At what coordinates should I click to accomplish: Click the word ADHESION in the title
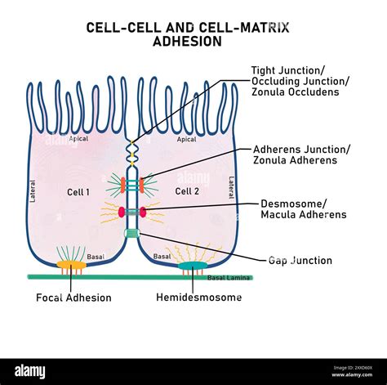[x=187, y=42]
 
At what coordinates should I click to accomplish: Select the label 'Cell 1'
[x=78, y=191]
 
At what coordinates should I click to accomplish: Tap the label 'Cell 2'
[x=187, y=191]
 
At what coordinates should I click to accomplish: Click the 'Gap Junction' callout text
[x=300, y=261]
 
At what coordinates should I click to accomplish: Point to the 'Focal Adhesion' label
[x=73, y=298]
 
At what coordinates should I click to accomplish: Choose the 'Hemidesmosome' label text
[x=198, y=298]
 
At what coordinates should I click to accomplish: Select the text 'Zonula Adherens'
[x=294, y=161]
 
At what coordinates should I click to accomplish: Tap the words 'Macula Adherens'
[x=303, y=215]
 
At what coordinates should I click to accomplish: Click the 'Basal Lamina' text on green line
[x=226, y=278]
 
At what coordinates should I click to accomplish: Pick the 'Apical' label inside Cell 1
[x=78, y=140]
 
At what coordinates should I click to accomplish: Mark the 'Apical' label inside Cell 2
[x=186, y=140]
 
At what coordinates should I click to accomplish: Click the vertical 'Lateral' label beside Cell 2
[x=231, y=188]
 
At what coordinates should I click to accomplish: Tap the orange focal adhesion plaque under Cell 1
[x=71, y=266]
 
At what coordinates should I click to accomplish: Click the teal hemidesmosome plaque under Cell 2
[x=193, y=266]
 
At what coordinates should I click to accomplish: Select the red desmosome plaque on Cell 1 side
[x=122, y=212]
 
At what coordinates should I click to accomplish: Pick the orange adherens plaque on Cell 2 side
[x=142, y=185]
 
